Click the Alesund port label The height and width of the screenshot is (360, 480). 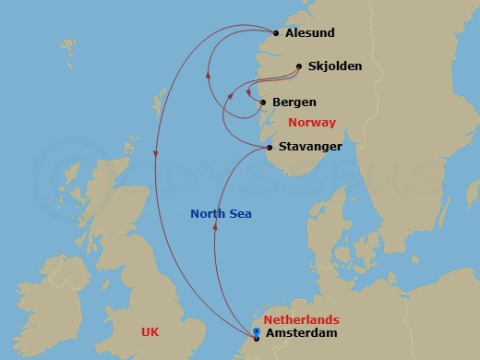[309, 33]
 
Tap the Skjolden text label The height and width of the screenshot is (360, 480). [334, 66]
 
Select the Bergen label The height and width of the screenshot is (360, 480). [294, 102]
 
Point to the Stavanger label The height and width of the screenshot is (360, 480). [311, 146]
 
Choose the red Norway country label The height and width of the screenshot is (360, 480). [311, 123]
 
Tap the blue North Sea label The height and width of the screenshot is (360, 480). [221, 214]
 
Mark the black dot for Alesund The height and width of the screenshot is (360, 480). [276, 34]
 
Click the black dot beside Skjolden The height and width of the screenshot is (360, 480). [299, 66]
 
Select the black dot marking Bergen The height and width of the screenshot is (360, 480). [264, 102]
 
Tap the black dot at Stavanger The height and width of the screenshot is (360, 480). [270, 148]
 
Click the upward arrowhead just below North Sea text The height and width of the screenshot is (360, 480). [215, 232]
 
